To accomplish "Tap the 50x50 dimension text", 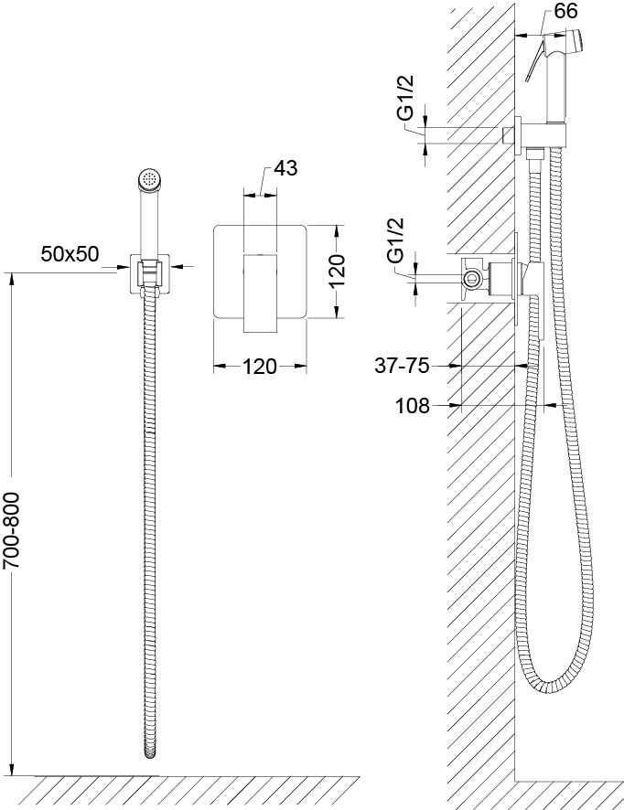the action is pos(70,253).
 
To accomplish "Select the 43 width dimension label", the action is pos(285,168).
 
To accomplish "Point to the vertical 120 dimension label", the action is pos(337,272).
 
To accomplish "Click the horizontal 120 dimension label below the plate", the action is pos(260,367).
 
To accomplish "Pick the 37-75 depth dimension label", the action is pos(403,366).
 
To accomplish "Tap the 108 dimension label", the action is pos(413,406).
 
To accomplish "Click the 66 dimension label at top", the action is pos(565,11).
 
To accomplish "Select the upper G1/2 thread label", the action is pos(408,98).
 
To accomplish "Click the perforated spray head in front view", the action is pos(150,181).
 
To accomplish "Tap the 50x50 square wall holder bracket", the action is pos(150,273).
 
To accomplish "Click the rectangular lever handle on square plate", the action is pos(260,293).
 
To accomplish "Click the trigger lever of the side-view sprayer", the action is pos(533,62).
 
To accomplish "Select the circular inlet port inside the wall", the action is pos(471,279).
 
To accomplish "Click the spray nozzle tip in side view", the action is pos(583,40).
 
